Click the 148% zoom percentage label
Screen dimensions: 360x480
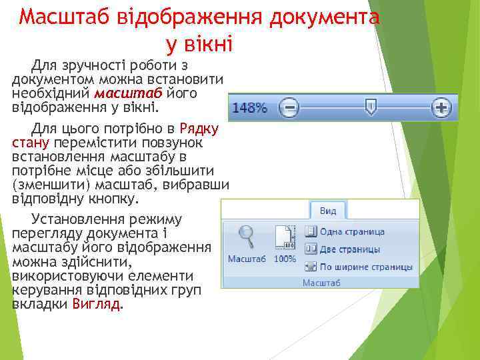pyautogui.click(x=249, y=107)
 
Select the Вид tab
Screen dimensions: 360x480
pyautogui.click(x=327, y=211)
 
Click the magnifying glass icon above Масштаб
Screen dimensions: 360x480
pyautogui.click(x=247, y=237)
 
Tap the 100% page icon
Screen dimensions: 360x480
pyautogui.click(x=285, y=238)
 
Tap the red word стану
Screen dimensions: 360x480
pyautogui.click(x=27, y=142)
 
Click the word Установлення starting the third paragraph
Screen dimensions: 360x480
pyautogui.click(x=72, y=219)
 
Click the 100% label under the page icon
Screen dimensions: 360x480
pyautogui.click(x=285, y=258)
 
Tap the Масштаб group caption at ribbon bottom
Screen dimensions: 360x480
pyautogui.click(x=321, y=283)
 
